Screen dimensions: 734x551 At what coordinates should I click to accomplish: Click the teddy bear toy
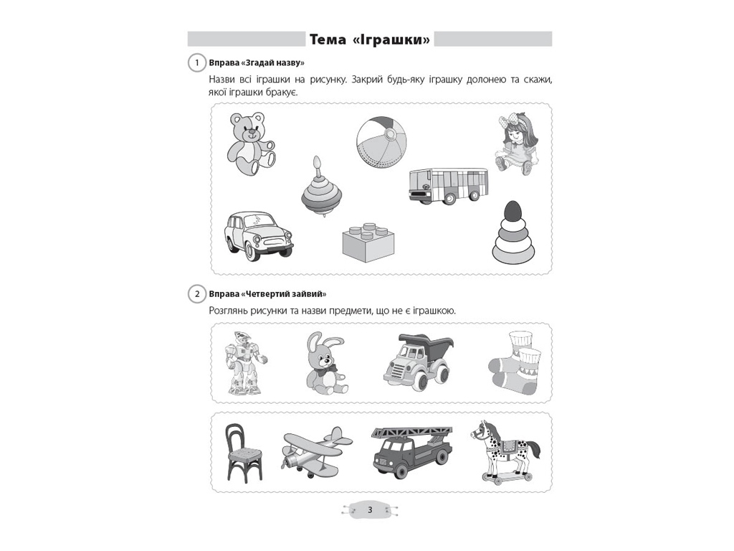[250, 143]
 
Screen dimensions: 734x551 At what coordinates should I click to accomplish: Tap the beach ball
[381, 141]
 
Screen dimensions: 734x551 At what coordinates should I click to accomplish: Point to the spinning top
[321, 187]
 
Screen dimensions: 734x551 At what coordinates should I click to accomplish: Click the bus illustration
[449, 186]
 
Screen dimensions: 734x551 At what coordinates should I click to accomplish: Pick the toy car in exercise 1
[258, 235]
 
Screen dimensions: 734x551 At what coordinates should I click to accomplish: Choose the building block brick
[368, 242]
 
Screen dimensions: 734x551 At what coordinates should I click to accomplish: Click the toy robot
[244, 362]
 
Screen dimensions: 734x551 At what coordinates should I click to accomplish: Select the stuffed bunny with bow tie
[325, 362]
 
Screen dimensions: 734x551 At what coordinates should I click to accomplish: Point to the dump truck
[418, 362]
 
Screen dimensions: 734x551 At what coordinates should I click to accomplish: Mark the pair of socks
[515, 363]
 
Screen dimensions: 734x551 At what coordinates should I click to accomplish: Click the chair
[243, 453]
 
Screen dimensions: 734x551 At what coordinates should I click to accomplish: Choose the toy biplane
[317, 452]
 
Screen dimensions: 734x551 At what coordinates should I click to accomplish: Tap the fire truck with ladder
[412, 452]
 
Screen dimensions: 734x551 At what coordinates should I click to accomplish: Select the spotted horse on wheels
[505, 451]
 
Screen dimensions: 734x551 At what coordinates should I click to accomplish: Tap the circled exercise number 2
[197, 294]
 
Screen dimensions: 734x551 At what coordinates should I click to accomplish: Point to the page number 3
[370, 510]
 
